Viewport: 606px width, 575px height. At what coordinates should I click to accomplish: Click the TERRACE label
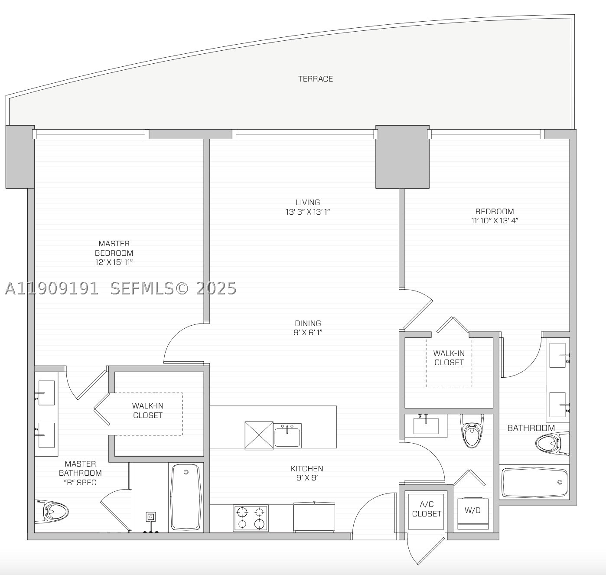315,79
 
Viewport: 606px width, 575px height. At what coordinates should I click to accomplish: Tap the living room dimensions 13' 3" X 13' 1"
308,212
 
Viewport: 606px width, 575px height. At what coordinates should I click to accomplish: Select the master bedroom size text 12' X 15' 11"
114,262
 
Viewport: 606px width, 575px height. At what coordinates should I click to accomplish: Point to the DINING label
308,323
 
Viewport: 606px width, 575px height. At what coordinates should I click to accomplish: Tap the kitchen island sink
287,435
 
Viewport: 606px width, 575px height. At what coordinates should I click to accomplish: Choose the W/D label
472,510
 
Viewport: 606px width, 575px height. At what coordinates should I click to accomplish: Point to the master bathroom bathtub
186,497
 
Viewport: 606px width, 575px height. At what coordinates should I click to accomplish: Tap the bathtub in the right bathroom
534,482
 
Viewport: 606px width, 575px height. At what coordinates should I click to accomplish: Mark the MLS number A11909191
52,288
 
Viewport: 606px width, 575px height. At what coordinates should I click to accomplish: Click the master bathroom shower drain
151,517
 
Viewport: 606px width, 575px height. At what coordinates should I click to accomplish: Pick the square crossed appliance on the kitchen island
259,435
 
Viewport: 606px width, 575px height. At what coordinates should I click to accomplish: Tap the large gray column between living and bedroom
402,157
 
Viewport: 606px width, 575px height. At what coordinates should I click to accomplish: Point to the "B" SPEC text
80,483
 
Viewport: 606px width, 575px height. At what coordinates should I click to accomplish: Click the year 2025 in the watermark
216,288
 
